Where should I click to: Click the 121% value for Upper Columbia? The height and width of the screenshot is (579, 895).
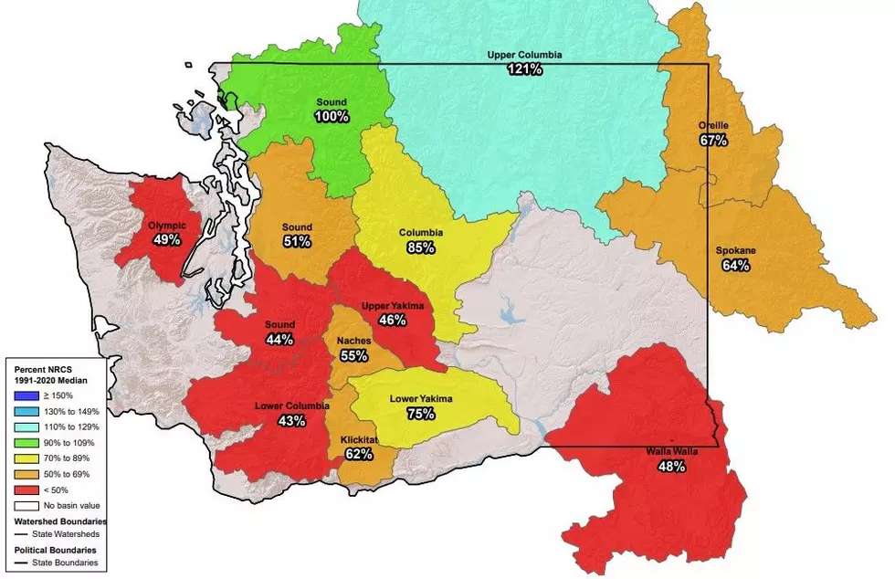pyautogui.click(x=524, y=69)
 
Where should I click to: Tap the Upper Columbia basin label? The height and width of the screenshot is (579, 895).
pyautogui.click(x=524, y=55)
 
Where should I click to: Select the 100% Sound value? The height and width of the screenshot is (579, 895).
pyautogui.click(x=332, y=117)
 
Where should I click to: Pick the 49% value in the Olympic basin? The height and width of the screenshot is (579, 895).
pyautogui.click(x=167, y=239)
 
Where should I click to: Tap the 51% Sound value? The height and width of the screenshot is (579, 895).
pyautogui.click(x=297, y=242)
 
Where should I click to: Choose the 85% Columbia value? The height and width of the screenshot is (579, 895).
pyautogui.click(x=421, y=247)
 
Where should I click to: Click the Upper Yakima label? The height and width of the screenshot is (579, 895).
pyautogui.click(x=393, y=306)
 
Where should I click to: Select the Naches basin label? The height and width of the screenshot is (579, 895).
pyautogui.click(x=353, y=341)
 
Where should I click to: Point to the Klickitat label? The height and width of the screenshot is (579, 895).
pyautogui.click(x=359, y=438)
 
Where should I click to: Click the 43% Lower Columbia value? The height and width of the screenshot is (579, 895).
pyautogui.click(x=291, y=421)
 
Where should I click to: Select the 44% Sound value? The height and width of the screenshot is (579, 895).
pyautogui.click(x=279, y=340)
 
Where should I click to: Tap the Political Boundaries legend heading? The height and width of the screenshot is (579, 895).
pyautogui.click(x=54, y=551)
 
